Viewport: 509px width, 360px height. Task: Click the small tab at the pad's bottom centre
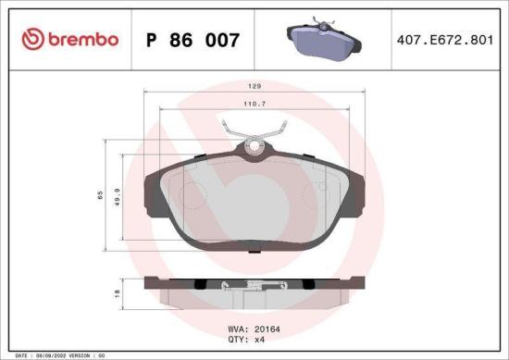point(255,244)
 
